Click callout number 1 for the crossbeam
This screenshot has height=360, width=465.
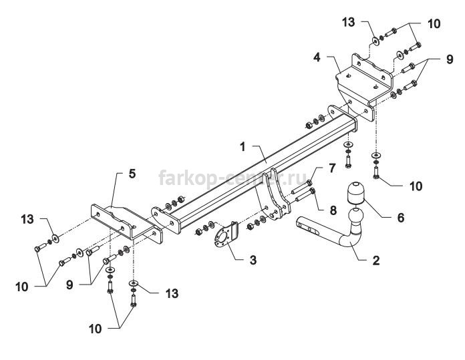pos(243,147)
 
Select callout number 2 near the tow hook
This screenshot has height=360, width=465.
pos(375,260)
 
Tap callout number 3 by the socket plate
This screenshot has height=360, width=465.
pos(253,260)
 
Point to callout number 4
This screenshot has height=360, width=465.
pos(317,57)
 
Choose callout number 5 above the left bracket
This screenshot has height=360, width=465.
pos(132,174)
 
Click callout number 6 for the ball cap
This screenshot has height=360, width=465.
pos(401,217)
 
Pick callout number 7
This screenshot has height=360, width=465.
pos(332,168)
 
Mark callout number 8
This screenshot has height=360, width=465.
pos(333,210)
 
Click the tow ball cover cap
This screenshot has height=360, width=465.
pos(355,193)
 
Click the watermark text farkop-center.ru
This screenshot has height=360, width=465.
pos(232,178)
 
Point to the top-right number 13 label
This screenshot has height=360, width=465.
pos(348,23)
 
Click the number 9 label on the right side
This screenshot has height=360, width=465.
pos(450,59)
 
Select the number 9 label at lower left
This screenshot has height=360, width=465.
pos(69,285)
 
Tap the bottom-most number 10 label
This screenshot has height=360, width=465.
pos(95,329)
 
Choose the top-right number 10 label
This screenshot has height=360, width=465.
pos(434,24)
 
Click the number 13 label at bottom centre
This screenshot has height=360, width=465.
pos(172,294)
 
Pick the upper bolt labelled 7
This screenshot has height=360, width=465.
pos(302,187)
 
